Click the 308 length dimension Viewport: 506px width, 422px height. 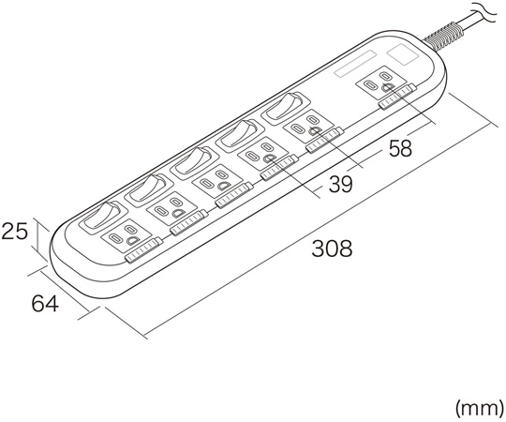point(332,249)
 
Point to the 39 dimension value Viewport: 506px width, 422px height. point(340,185)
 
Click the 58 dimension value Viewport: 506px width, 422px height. point(398,150)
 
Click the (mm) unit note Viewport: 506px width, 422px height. point(477,408)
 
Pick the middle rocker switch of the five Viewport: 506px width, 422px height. point(194,161)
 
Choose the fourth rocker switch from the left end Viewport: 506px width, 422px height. point(239,134)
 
